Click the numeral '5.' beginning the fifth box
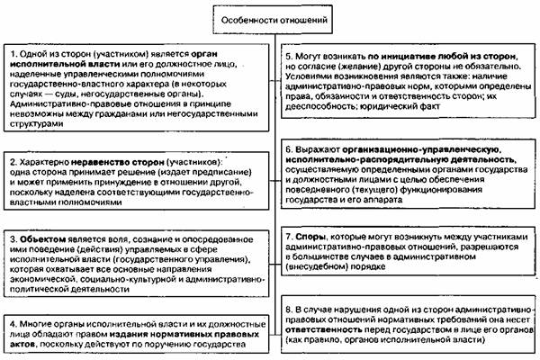coord(290,56)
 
